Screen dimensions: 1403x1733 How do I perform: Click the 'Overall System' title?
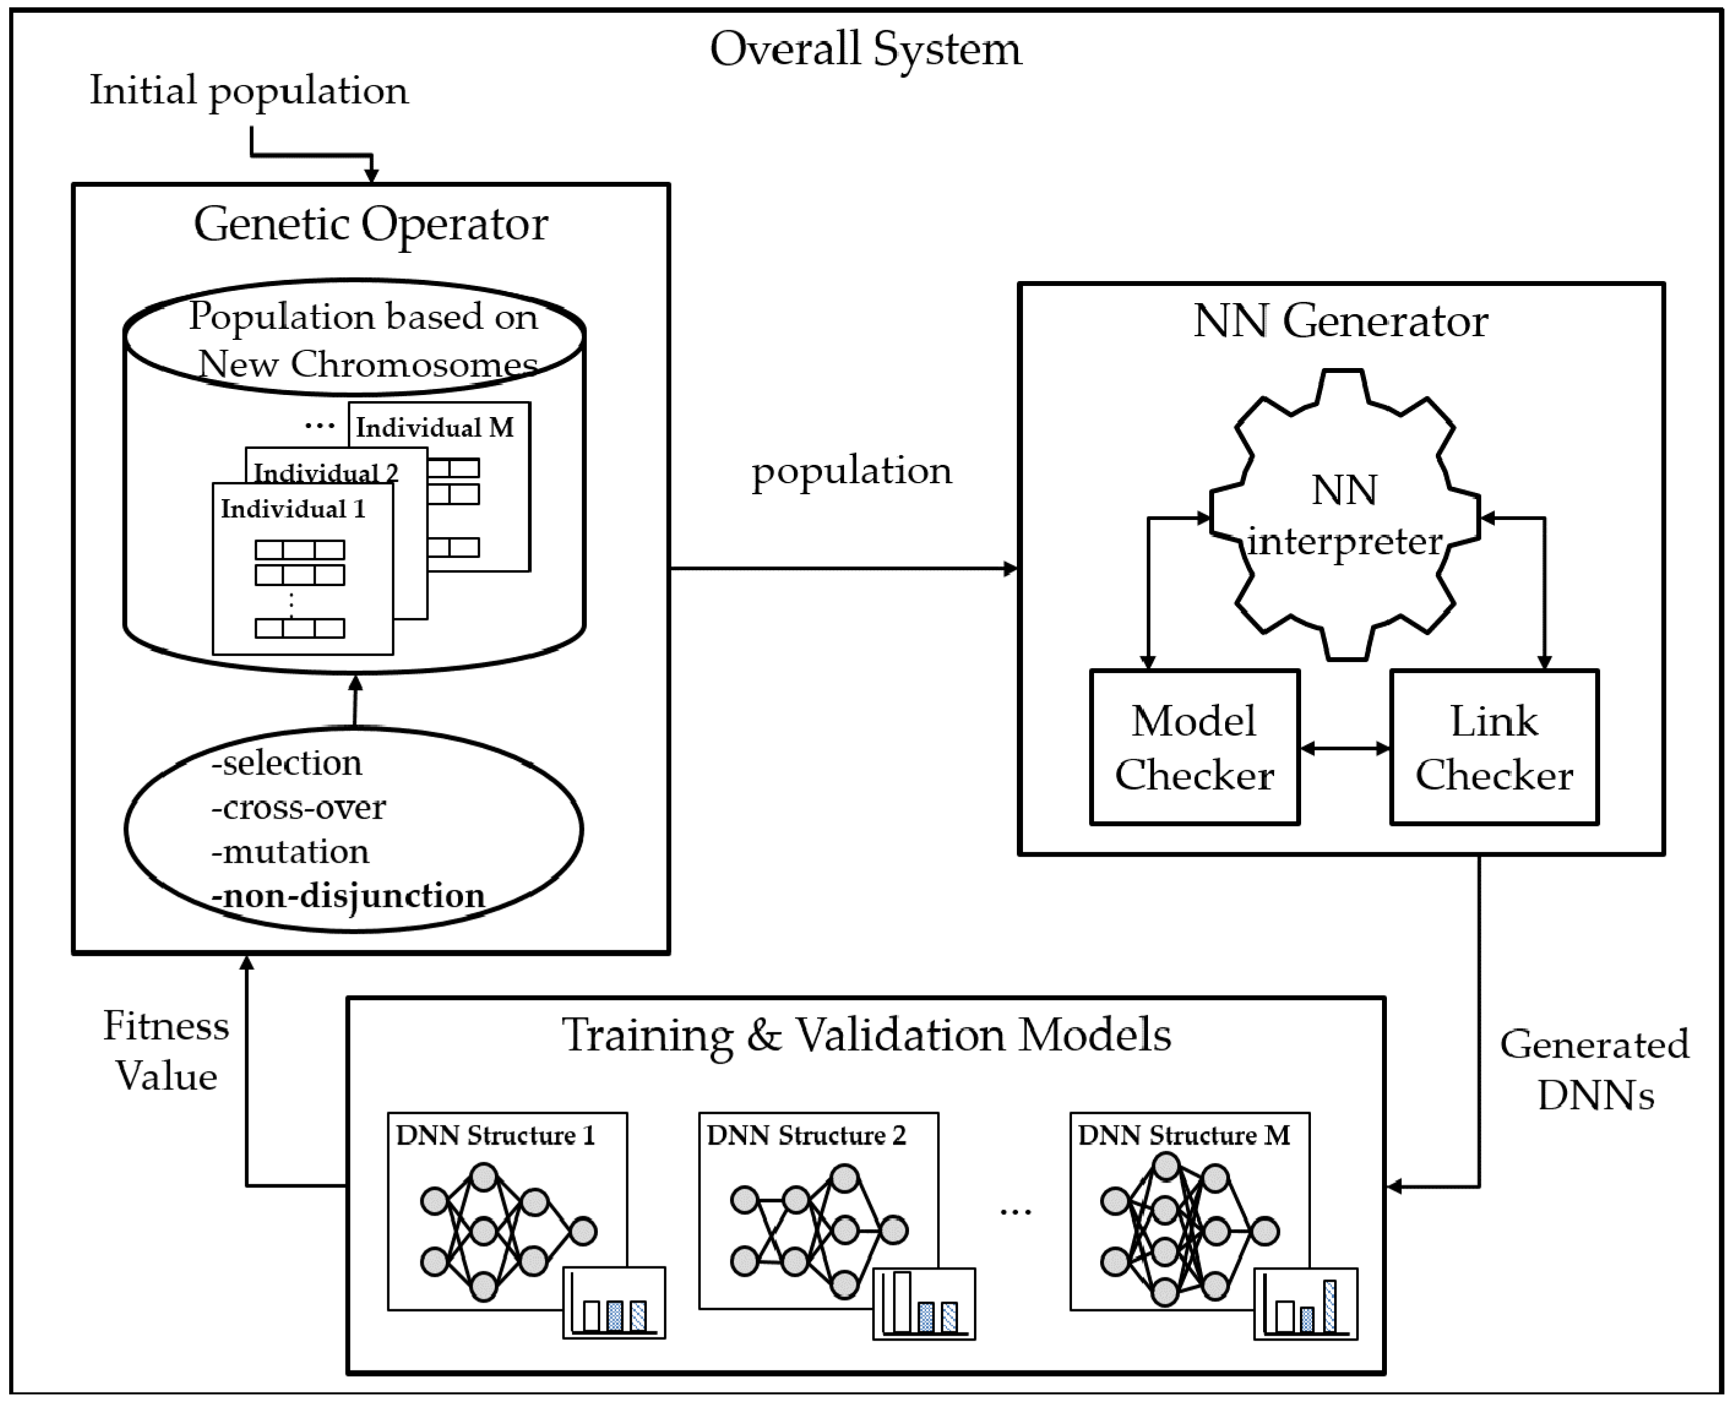click(x=865, y=50)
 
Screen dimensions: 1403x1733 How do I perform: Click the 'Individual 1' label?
click(x=293, y=509)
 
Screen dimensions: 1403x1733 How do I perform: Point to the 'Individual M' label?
click(x=434, y=427)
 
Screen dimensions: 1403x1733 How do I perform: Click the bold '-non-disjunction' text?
click(x=347, y=895)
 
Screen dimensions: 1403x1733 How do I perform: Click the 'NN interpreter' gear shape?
click(x=1343, y=515)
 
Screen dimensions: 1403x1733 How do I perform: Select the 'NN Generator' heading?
click(x=1340, y=322)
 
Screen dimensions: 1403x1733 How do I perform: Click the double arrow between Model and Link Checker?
click(x=1344, y=749)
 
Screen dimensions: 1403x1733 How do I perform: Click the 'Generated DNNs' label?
click(x=1594, y=1070)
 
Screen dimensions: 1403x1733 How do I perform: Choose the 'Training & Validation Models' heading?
click(x=866, y=1036)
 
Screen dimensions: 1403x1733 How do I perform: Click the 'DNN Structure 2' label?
click(x=806, y=1135)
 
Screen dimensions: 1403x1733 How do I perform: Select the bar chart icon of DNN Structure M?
click(x=1305, y=1304)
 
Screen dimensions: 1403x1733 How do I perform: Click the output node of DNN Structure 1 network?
click(x=583, y=1232)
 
